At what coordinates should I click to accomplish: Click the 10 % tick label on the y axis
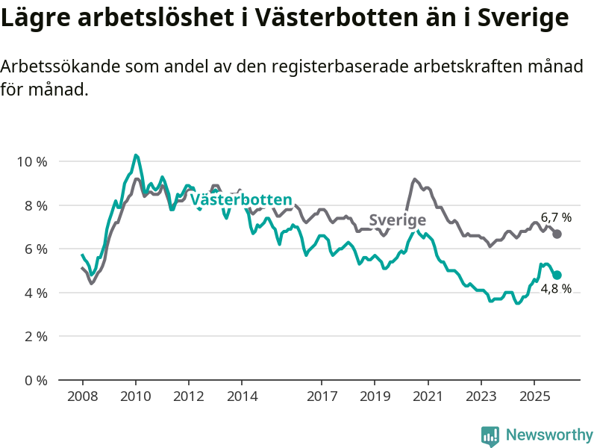click(x=31, y=161)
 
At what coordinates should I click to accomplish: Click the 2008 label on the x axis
click(x=82, y=396)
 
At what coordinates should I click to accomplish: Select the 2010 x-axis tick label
click(x=135, y=396)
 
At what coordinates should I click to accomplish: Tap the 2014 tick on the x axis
click(x=241, y=396)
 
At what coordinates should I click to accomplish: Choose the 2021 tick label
click(x=428, y=396)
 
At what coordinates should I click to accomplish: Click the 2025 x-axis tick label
click(x=534, y=396)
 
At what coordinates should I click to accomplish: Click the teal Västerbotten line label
click(x=241, y=200)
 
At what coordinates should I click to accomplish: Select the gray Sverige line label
click(x=398, y=220)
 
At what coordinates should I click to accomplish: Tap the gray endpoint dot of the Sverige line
click(x=557, y=234)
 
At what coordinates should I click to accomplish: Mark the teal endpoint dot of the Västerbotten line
click(x=557, y=275)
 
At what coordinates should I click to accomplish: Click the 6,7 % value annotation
click(x=556, y=218)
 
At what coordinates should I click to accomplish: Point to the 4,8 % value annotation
click(x=556, y=289)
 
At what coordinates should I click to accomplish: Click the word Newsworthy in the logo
click(x=549, y=435)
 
